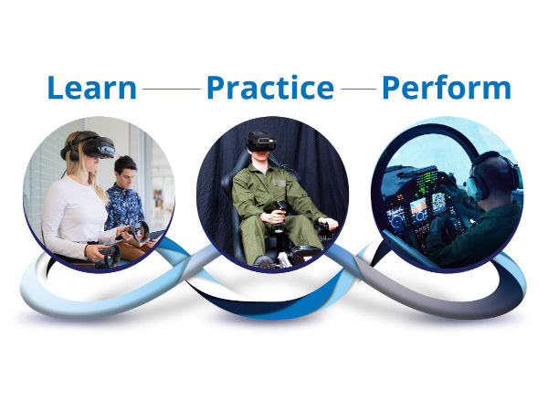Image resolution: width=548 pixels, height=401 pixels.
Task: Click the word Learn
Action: (91, 88)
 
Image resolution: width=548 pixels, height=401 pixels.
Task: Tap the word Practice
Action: (270, 88)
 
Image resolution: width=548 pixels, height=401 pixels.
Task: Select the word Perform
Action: (447, 88)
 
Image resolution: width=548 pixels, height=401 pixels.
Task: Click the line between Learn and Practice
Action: (172, 89)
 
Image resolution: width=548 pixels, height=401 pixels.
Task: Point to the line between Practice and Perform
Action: (359, 89)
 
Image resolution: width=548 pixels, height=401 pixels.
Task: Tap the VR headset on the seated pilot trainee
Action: (261, 142)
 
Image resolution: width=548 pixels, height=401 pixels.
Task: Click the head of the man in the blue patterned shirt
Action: (125, 172)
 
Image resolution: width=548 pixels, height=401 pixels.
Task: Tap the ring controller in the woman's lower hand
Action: (111, 254)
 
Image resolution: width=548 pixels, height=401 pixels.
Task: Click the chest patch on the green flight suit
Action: (279, 184)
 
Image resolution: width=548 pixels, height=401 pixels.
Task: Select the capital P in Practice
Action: (215, 88)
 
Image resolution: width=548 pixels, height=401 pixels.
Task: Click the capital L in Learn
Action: (55, 88)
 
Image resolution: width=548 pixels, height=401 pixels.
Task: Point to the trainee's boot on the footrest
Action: (265, 262)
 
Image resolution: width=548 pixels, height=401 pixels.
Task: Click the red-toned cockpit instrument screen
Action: (418, 206)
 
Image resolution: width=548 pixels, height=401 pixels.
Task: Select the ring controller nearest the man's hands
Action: (140, 231)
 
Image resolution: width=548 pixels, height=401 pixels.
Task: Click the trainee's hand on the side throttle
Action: (327, 224)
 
